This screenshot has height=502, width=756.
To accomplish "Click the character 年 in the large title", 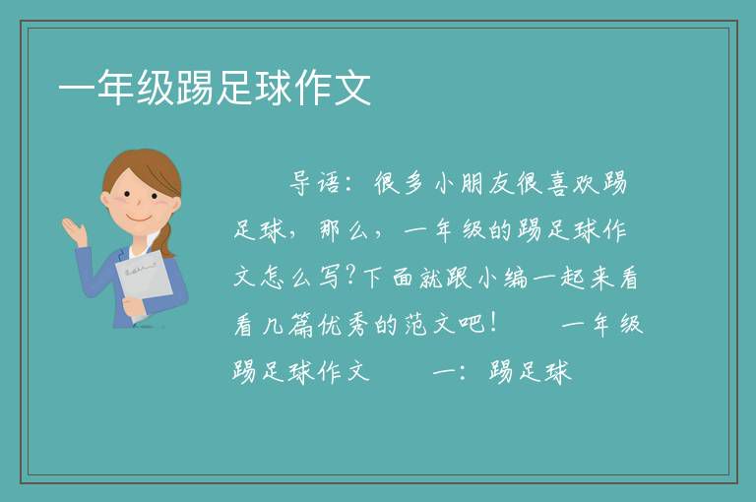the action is (116, 88).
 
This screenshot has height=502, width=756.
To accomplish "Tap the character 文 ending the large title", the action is (352, 88).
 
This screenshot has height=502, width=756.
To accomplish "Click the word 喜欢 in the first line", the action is (572, 183).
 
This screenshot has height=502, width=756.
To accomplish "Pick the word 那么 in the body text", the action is (344, 230).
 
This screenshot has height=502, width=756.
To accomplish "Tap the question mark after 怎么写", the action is (351, 277).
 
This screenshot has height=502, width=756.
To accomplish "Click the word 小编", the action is (501, 278).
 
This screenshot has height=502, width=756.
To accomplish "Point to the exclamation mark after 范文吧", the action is (492, 323).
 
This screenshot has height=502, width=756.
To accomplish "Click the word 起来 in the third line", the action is (587, 278).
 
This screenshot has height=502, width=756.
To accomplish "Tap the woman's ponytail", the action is (165, 239).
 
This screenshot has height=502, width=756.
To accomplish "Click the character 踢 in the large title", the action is (195, 88).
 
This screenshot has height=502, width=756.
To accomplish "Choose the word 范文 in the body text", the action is (429, 325).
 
